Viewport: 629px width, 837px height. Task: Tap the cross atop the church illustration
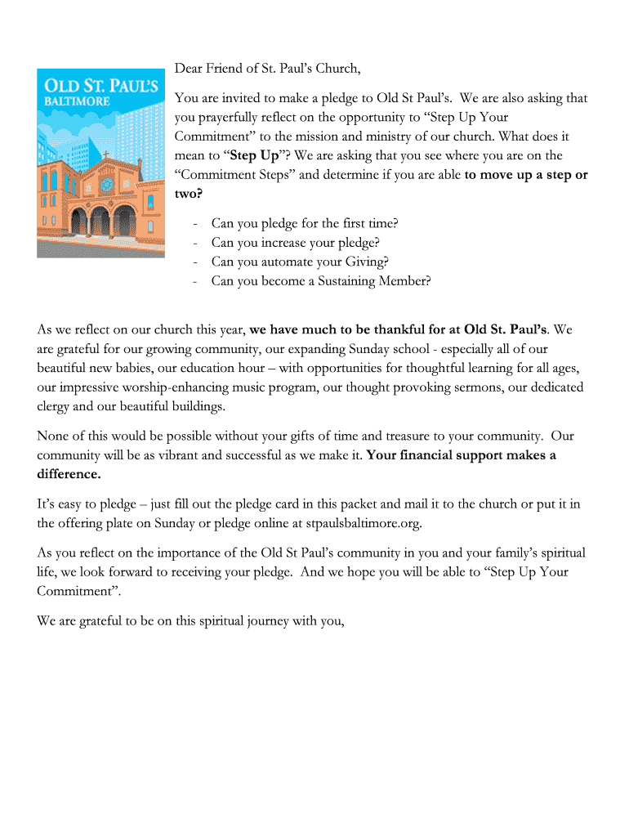point(105,154)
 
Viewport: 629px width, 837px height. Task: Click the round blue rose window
point(106,182)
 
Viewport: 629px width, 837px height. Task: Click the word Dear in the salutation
point(190,68)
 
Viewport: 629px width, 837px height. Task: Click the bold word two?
point(189,194)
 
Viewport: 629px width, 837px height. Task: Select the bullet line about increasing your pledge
point(295,242)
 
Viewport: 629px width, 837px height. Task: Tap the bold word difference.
point(69,474)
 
